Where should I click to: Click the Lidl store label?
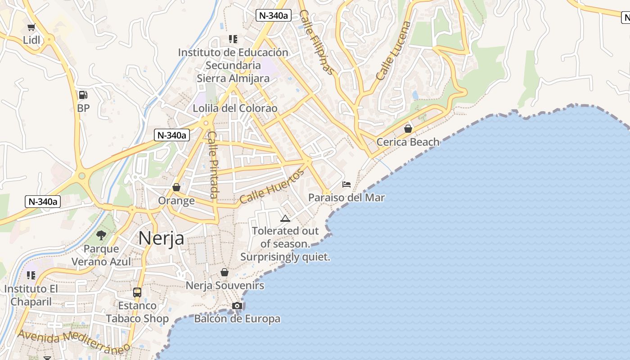tap(31, 40)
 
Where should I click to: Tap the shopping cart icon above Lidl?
tap(31, 27)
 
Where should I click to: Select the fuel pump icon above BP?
tap(83, 94)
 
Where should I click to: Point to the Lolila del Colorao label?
tap(235, 108)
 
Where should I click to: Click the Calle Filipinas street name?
tap(317, 42)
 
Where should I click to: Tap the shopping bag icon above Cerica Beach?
tap(408, 129)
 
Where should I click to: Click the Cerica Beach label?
tap(408, 142)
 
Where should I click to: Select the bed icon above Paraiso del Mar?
tap(346, 184)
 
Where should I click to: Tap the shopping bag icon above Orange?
tap(176, 187)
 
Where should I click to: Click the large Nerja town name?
tap(161, 238)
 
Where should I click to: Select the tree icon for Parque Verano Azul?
tap(101, 235)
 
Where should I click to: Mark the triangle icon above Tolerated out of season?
tap(285, 219)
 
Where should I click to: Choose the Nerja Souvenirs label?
tap(225, 286)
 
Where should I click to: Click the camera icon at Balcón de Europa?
tap(237, 306)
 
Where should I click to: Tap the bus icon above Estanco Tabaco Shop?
tap(137, 292)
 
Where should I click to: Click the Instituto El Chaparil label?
tap(31, 295)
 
